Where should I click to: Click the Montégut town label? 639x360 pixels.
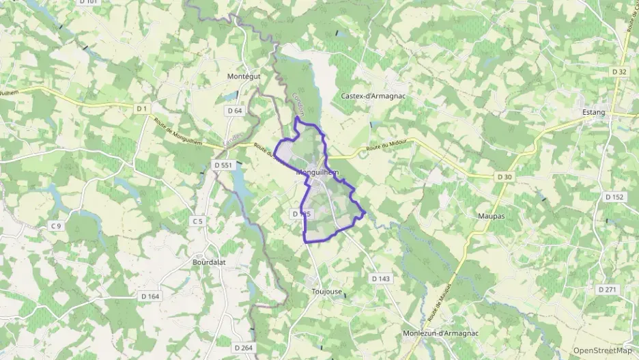point(244,77)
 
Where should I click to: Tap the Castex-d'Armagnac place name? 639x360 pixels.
point(373,96)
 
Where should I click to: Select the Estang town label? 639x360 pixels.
point(594,113)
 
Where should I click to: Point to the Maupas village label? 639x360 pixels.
point(489,216)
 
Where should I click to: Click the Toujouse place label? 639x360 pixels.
point(326,291)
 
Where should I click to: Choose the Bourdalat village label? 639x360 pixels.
point(209,262)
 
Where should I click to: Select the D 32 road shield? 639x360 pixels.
point(619,71)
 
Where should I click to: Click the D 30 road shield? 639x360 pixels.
point(504,177)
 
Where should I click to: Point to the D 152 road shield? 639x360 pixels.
point(614,197)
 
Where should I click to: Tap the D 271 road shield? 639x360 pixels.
point(607,290)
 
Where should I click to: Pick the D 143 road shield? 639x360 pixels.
point(381,279)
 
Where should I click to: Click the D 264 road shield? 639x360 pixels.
point(243,348)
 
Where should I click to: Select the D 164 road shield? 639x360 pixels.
point(150,296)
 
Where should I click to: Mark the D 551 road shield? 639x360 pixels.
point(223,165)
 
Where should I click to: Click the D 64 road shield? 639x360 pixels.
point(234,111)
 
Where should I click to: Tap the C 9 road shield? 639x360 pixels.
point(55,226)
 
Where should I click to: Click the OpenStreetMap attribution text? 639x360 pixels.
point(602,350)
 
